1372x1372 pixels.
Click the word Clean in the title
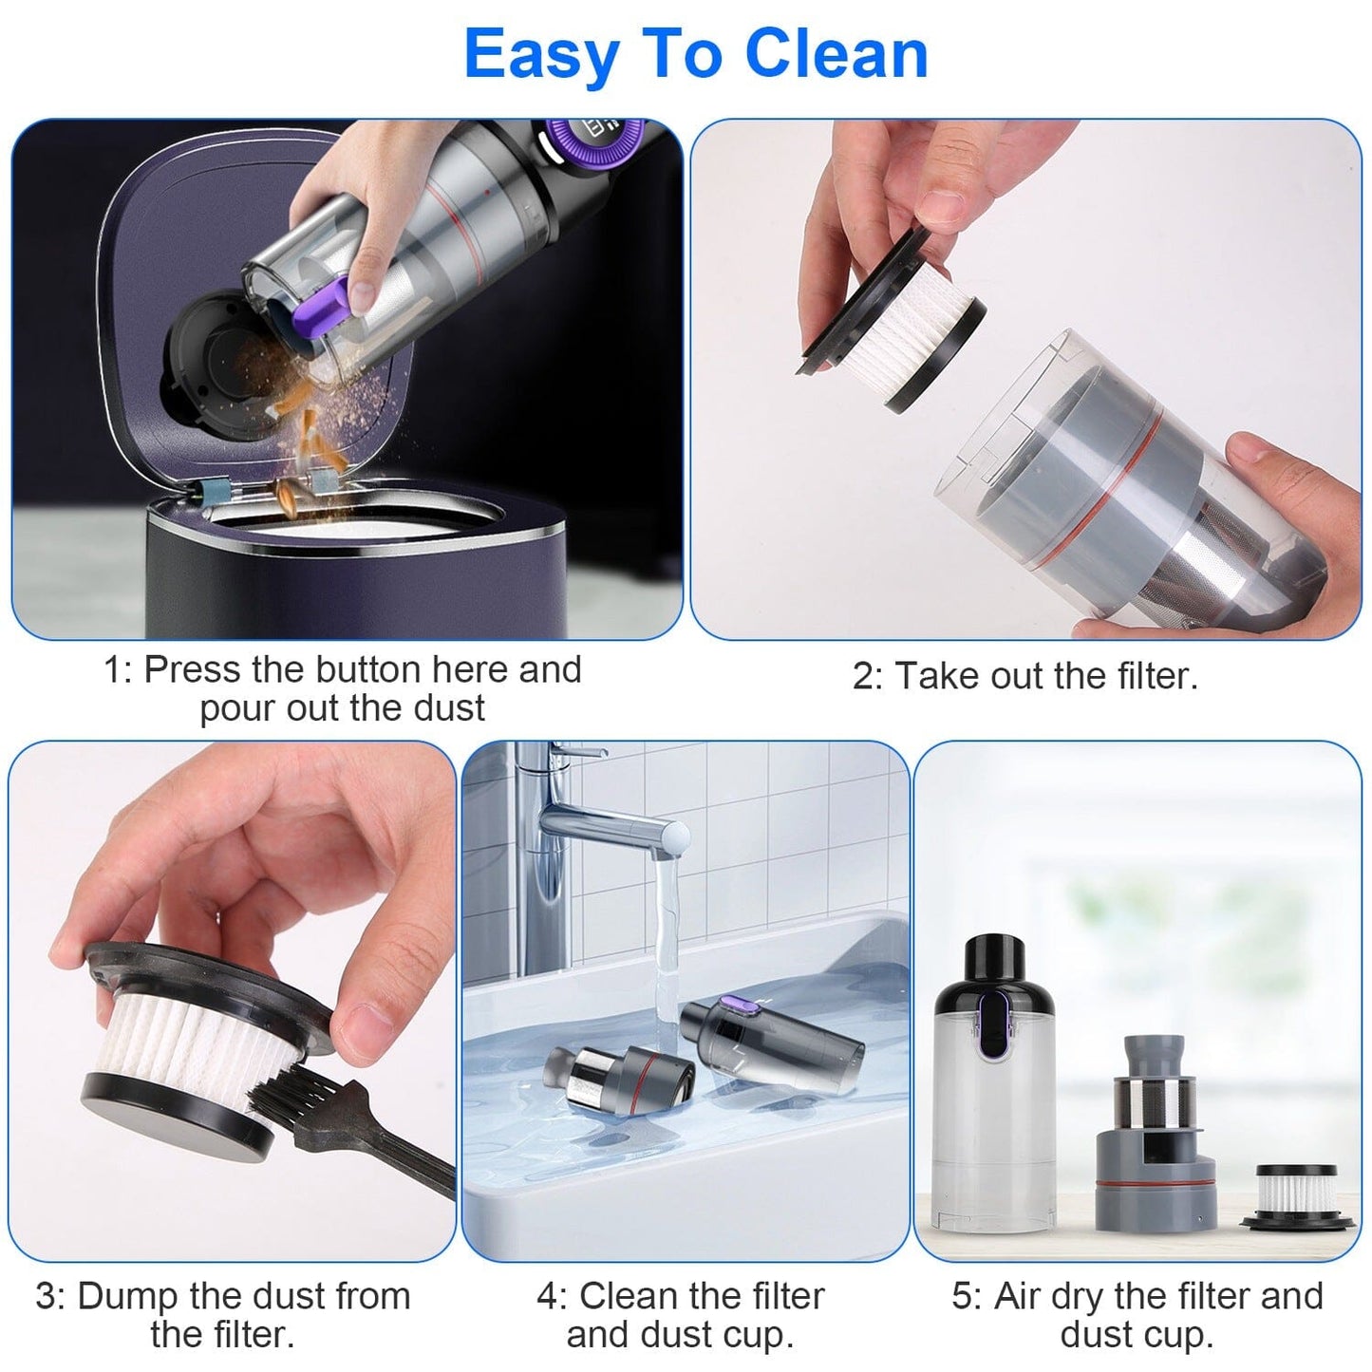coord(836,54)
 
